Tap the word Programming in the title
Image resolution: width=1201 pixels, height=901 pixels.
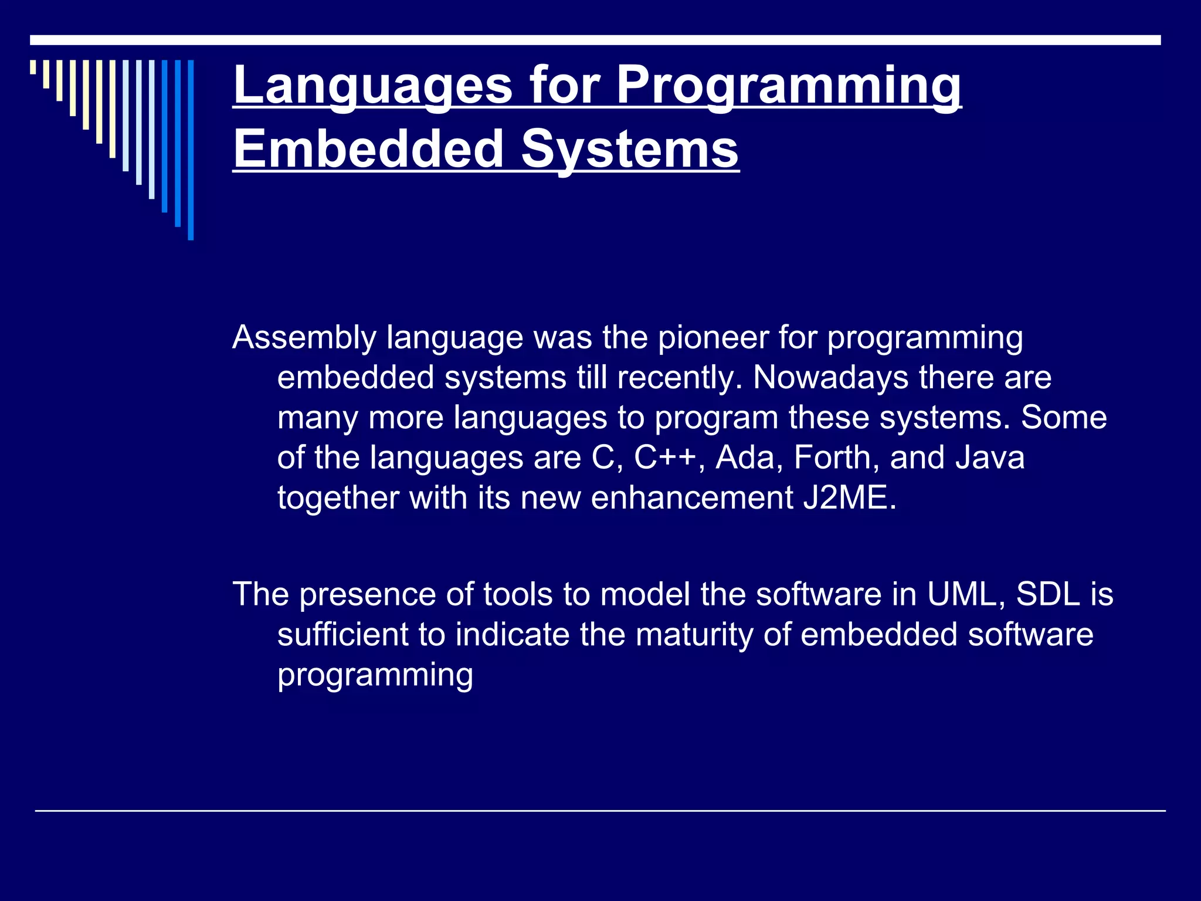click(x=788, y=86)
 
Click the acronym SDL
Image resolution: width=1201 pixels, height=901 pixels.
click(x=1049, y=594)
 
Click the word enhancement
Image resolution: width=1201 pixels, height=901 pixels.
click(x=692, y=498)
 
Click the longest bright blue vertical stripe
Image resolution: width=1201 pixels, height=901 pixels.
click(x=191, y=150)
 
